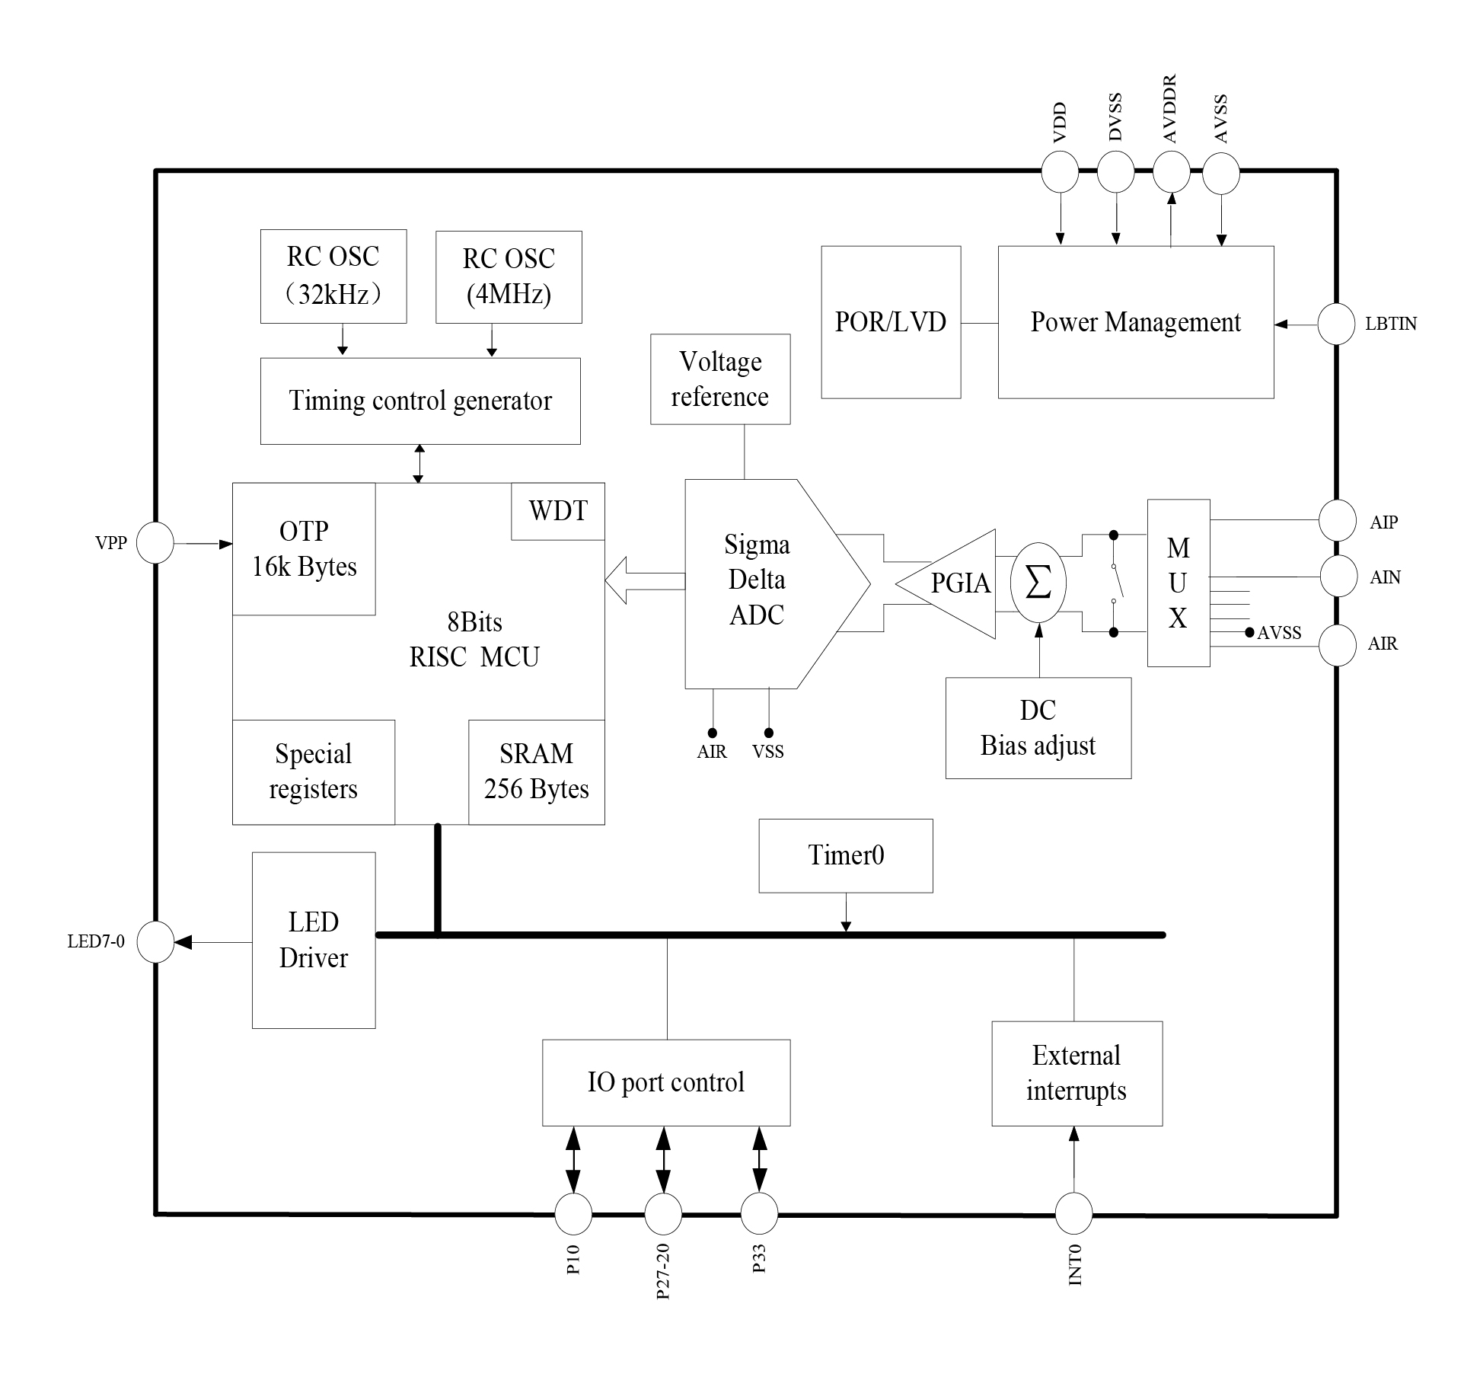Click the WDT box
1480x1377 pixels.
(558, 511)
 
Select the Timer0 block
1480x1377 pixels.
(846, 855)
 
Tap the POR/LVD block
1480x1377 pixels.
(891, 322)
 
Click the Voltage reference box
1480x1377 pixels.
(720, 379)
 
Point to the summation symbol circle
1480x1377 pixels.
(1038, 583)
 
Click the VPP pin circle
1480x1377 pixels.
(155, 543)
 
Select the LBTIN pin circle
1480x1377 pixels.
(1336, 324)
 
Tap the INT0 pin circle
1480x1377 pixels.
(1073, 1214)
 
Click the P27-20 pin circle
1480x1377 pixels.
(663, 1214)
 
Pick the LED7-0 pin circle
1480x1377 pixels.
(155, 942)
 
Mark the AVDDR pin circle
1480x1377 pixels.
(1171, 171)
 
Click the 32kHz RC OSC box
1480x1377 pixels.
(333, 276)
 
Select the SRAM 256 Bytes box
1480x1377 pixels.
(537, 772)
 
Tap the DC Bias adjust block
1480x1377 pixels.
(1038, 728)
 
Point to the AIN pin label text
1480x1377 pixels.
(1385, 577)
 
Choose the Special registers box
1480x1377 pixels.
(314, 772)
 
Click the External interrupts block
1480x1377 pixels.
(1077, 1073)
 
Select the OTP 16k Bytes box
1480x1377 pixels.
(304, 549)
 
